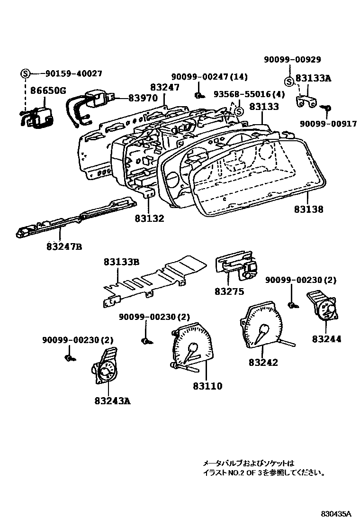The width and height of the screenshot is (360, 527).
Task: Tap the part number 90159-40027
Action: [x=73, y=73]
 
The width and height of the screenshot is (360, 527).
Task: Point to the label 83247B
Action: [x=64, y=246]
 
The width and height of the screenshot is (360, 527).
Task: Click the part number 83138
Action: [x=308, y=209]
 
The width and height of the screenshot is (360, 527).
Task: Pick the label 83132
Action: [x=149, y=218]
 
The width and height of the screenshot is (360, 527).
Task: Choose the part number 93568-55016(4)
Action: [x=249, y=94]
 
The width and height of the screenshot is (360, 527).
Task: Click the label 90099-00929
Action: [x=292, y=59]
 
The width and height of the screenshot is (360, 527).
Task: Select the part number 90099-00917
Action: [x=328, y=124]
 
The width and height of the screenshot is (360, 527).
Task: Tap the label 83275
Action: [x=229, y=291]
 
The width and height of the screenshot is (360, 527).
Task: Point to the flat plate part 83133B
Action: [x=152, y=280]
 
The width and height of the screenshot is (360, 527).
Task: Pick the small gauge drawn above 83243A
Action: [x=106, y=367]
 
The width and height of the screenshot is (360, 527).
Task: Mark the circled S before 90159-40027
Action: [x=25, y=73]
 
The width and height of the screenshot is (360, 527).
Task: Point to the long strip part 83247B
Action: [x=76, y=218]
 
